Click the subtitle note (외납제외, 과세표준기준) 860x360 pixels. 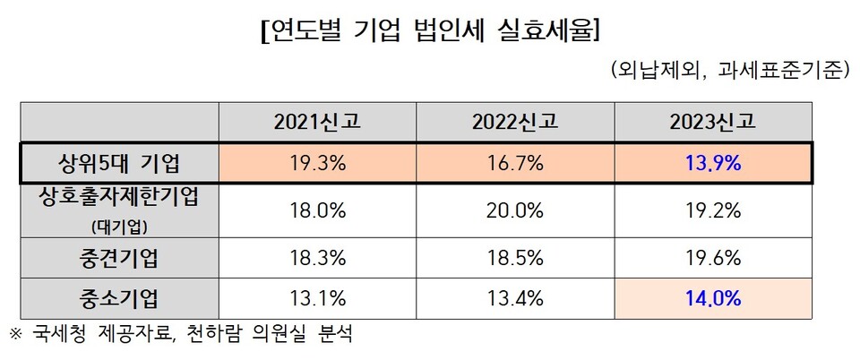click(x=728, y=71)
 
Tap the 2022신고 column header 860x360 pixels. click(x=516, y=123)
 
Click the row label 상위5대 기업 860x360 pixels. click(x=119, y=164)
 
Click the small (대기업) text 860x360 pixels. click(x=119, y=224)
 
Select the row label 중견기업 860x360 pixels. click(x=119, y=259)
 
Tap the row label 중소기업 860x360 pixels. click(x=119, y=298)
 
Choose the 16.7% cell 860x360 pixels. click(x=516, y=164)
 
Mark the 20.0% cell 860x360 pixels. click(x=516, y=211)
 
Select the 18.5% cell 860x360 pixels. click(x=516, y=259)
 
